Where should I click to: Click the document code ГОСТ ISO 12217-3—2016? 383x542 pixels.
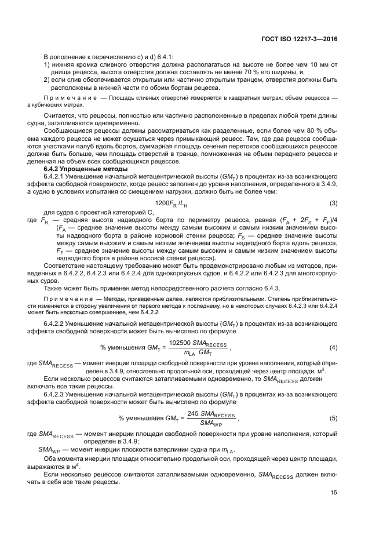point(300,39)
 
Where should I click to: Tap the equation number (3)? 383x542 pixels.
point(334,202)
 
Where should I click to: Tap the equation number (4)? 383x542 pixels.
point(334,347)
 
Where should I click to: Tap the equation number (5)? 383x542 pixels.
point(334,417)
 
